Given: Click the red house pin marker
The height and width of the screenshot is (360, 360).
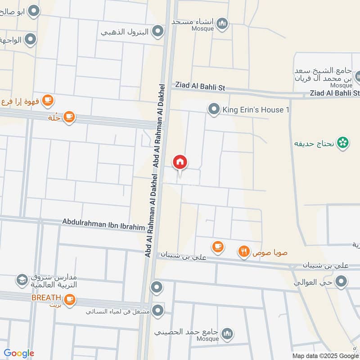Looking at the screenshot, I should [x=180, y=162].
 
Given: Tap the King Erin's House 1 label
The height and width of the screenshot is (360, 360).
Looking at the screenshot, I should [x=253, y=110].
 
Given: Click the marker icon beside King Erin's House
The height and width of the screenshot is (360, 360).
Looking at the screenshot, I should [x=214, y=109].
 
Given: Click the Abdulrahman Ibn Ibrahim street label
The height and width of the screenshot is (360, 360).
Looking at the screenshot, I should [x=103, y=224].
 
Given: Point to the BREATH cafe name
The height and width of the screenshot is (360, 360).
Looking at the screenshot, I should [x=45, y=297].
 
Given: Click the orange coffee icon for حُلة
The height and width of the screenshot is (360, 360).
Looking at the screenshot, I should [x=69, y=117].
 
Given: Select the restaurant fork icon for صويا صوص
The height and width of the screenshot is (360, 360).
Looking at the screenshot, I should [x=244, y=252].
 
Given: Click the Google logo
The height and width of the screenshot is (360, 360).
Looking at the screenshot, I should [x=19, y=353].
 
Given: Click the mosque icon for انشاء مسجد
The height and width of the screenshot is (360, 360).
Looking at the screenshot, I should [x=222, y=23].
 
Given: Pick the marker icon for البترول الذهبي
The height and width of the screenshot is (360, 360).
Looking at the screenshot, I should [x=157, y=31].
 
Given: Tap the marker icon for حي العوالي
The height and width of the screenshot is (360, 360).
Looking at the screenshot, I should [x=342, y=282].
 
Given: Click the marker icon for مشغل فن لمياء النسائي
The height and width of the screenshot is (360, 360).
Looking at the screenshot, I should [x=157, y=310].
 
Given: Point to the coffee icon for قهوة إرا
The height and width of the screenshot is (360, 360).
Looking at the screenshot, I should [x=48, y=101].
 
